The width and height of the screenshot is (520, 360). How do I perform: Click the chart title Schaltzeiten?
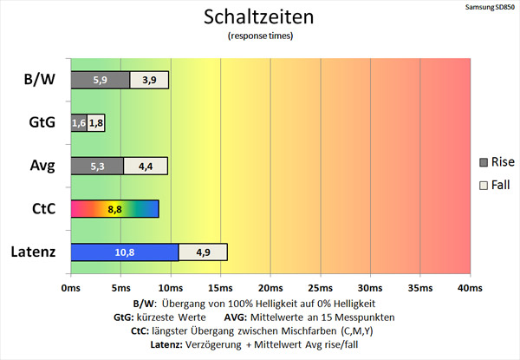(x=260, y=16)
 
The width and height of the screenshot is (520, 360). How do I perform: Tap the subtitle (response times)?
(x=260, y=36)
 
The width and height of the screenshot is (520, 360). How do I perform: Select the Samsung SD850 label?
(x=488, y=6)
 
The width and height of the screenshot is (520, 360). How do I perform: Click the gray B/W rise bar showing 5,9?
(x=100, y=80)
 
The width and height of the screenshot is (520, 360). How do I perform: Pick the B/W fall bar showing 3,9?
(x=149, y=80)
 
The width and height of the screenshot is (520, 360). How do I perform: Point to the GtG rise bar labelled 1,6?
(x=78, y=123)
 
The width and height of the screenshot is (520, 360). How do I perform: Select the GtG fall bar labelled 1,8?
(x=95, y=123)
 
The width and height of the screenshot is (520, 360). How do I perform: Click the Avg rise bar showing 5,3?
(x=96, y=166)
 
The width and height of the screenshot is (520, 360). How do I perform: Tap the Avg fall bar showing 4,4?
(x=146, y=166)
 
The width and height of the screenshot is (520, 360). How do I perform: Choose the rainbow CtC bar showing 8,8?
(x=114, y=209)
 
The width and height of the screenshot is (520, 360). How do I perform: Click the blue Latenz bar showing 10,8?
(x=124, y=252)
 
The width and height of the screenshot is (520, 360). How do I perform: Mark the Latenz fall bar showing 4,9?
(x=203, y=252)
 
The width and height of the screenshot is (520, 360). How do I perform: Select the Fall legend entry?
(x=497, y=185)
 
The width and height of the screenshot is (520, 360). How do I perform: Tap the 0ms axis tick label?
(x=71, y=287)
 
